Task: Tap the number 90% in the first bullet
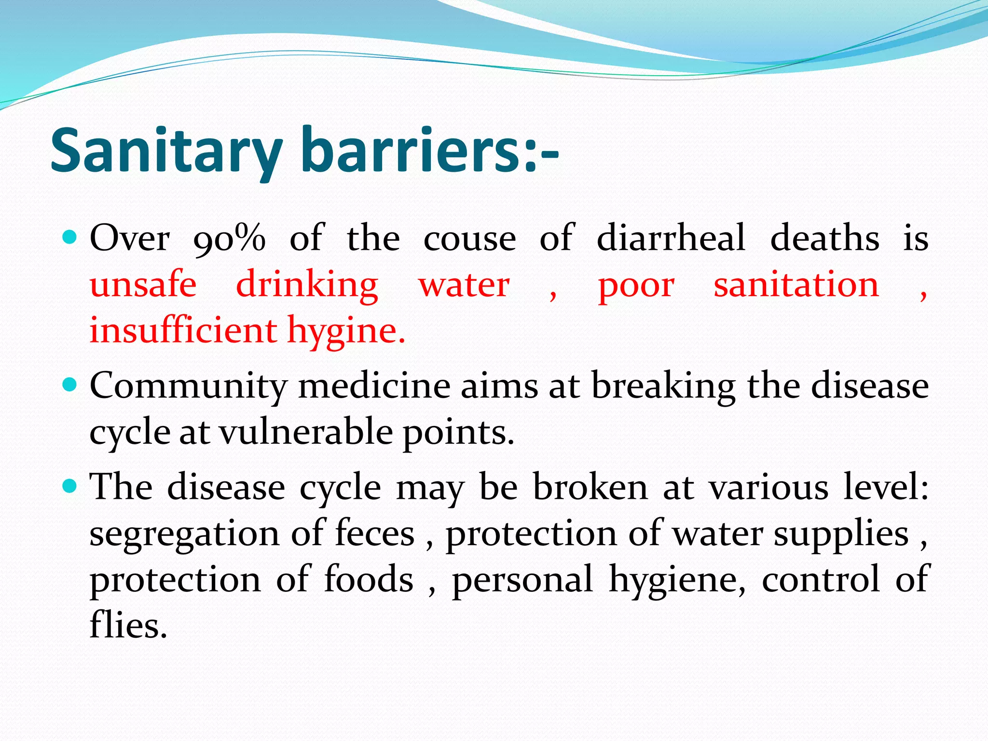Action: [x=229, y=238]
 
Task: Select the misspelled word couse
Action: [x=469, y=238]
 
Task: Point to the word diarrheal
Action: [x=671, y=238]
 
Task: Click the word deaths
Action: [x=824, y=238]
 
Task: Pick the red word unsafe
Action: [x=143, y=285]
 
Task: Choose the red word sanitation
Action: [x=796, y=285]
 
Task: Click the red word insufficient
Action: [x=183, y=330]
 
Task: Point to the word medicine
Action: [x=374, y=386]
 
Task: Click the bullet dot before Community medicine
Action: [x=70, y=384]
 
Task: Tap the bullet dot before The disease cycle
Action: [x=70, y=486]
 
